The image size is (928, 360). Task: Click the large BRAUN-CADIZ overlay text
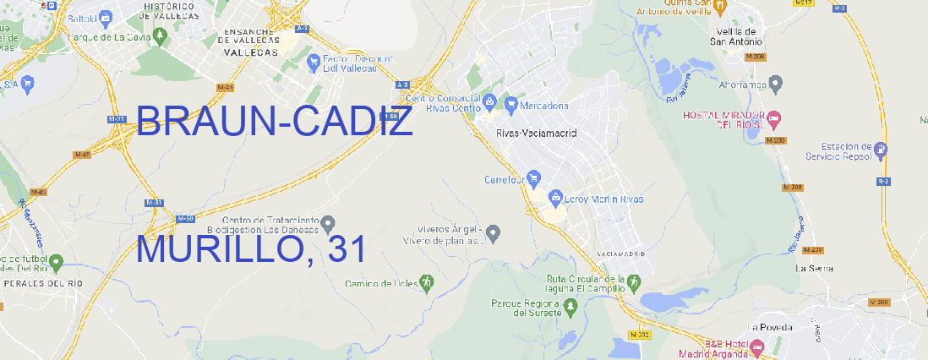[274, 123]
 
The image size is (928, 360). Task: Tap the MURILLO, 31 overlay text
[251, 250]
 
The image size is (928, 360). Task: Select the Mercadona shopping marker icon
[511, 105]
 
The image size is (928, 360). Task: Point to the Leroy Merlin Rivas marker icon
[555, 199]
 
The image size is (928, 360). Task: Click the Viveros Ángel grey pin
[494, 232]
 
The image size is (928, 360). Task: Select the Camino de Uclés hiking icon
[427, 282]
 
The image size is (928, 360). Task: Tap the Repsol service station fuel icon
[882, 150]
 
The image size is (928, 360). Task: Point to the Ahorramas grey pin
[777, 84]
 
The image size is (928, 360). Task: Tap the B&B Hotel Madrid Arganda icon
[757, 346]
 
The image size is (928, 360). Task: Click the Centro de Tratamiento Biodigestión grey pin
[327, 222]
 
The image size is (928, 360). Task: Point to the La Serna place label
[815, 268]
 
